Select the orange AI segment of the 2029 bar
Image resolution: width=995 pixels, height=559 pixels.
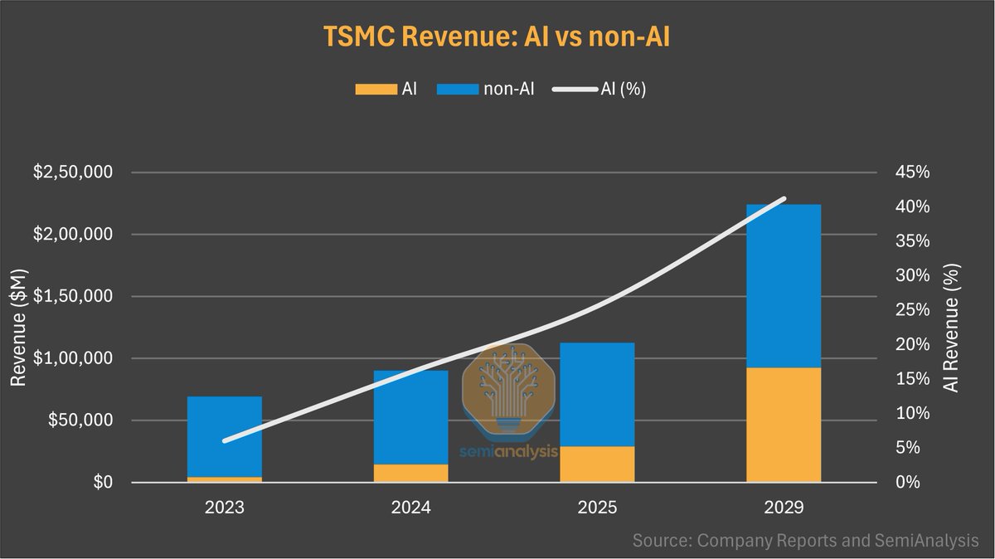click(x=784, y=425)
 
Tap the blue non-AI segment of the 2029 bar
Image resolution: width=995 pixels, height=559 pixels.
click(x=784, y=285)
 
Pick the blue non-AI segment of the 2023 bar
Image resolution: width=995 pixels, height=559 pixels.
click(x=225, y=436)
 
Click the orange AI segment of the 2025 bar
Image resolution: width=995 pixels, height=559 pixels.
click(x=597, y=464)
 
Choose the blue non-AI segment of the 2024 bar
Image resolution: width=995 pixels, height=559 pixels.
click(x=410, y=416)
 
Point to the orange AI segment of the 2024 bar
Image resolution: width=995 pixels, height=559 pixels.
click(x=410, y=473)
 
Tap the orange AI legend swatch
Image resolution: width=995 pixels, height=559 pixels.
click(x=374, y=89)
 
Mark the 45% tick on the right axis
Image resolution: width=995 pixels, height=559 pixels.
click(x=914, y=173)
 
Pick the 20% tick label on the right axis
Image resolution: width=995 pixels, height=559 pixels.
click(x=914, y=344)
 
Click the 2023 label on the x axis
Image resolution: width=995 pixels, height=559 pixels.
click(x=225, y=507)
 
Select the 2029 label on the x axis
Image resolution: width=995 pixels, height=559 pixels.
click(x=784, y=507)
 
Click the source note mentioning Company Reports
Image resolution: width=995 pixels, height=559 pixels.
click(x=805, y=541)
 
